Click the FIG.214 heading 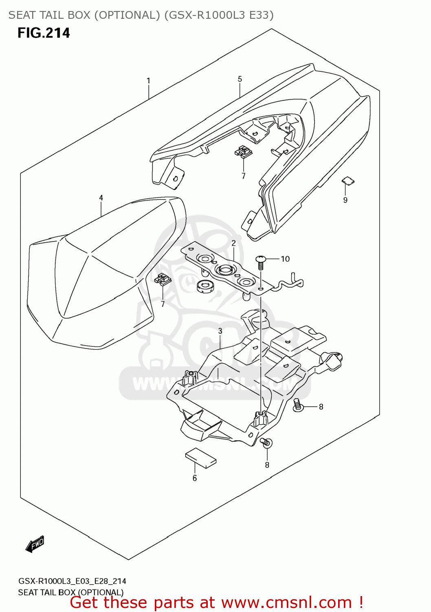coord(44,33)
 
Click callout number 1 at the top coord(149,81)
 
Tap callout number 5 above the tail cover coord(240,79)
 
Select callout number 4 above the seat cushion coord(101,198)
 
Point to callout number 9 coord(345,200)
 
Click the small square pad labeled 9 coord(347,180)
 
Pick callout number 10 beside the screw coord(285,259)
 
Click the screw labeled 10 coord(261,262)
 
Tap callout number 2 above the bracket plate coord(234,243)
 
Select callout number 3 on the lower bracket coord(220,331)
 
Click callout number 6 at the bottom coord(195,478)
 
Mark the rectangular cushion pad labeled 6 coord(201,458)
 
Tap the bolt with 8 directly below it coord(266,443)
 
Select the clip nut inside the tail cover coord(243,152)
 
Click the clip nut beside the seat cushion coord(163,279)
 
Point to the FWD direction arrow coord(35,544)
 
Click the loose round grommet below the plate coord(205,286)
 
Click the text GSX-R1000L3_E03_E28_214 coord(72,581)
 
